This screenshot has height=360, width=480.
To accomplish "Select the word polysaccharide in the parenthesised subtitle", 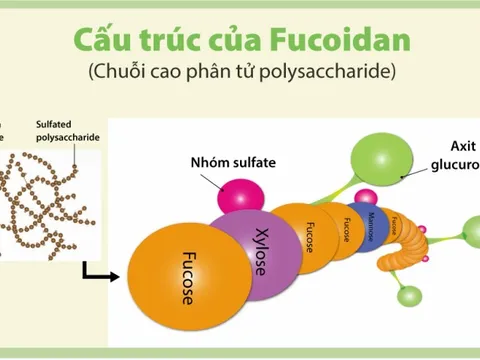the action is (336, 73).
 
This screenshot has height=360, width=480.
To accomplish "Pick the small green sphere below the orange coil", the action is (410, 297).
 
